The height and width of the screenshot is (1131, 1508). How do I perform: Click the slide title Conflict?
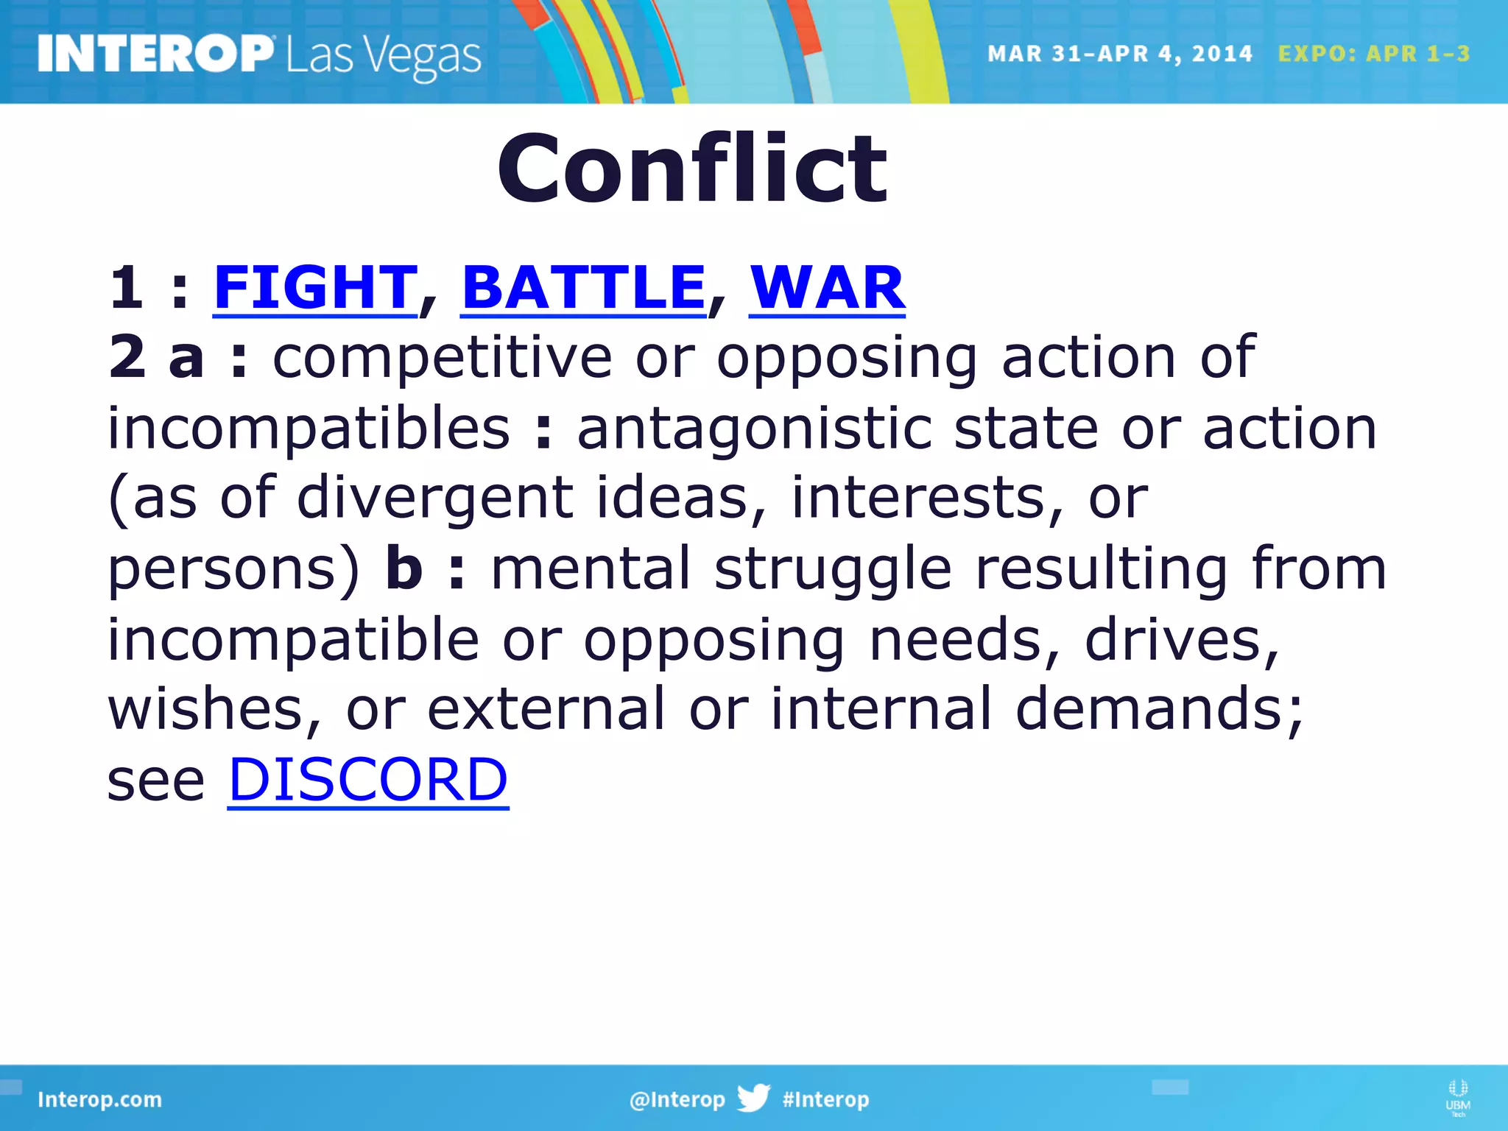pyautogui.click(x=692, y=169)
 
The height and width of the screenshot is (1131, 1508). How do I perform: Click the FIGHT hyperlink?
pyautogui.click(x=315, y=288)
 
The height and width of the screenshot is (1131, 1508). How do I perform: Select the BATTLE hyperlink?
pyautogui.click(x=583, y=288)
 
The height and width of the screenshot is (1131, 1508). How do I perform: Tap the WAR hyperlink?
pyautogui.click(x=827, y=288)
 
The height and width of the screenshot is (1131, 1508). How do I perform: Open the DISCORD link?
pyautogui.click(x=368, y=780)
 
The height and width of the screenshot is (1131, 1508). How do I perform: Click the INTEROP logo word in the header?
pyautogui.click(x=155, y=54)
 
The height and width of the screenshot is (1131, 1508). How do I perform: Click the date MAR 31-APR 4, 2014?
pyautogui.click(x=1119, y=54)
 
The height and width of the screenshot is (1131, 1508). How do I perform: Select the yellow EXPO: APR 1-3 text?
pyautogui.click(x=1373, y=54)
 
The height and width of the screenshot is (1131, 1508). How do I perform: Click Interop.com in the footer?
pyautogui.click(x=99, y=1099)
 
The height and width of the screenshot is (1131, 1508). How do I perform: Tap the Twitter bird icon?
pyautogui.click(x=753, y=1098)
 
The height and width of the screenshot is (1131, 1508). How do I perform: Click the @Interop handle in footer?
pyautogui.click(x=677, y=1099)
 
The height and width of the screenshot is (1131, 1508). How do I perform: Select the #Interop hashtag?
pyautogui.click(x=825, y=1099)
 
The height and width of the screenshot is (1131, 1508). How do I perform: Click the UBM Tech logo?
pyautogui.click(x=1457, y=1097)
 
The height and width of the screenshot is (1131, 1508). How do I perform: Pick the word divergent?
pyautogui.click(x=434, y=498)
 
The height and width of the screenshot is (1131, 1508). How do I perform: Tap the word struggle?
pyautogui.click(x=833, y=569)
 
